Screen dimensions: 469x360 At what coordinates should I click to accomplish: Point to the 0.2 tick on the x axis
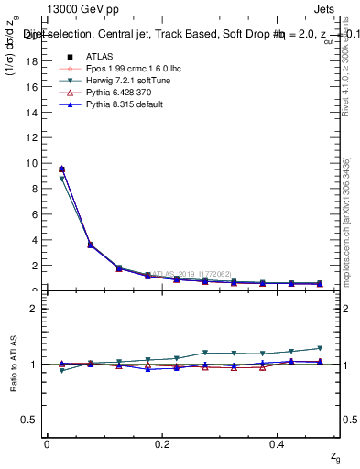coord(161,444)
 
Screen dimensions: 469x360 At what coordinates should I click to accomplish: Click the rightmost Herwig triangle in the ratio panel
coord(320,348)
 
